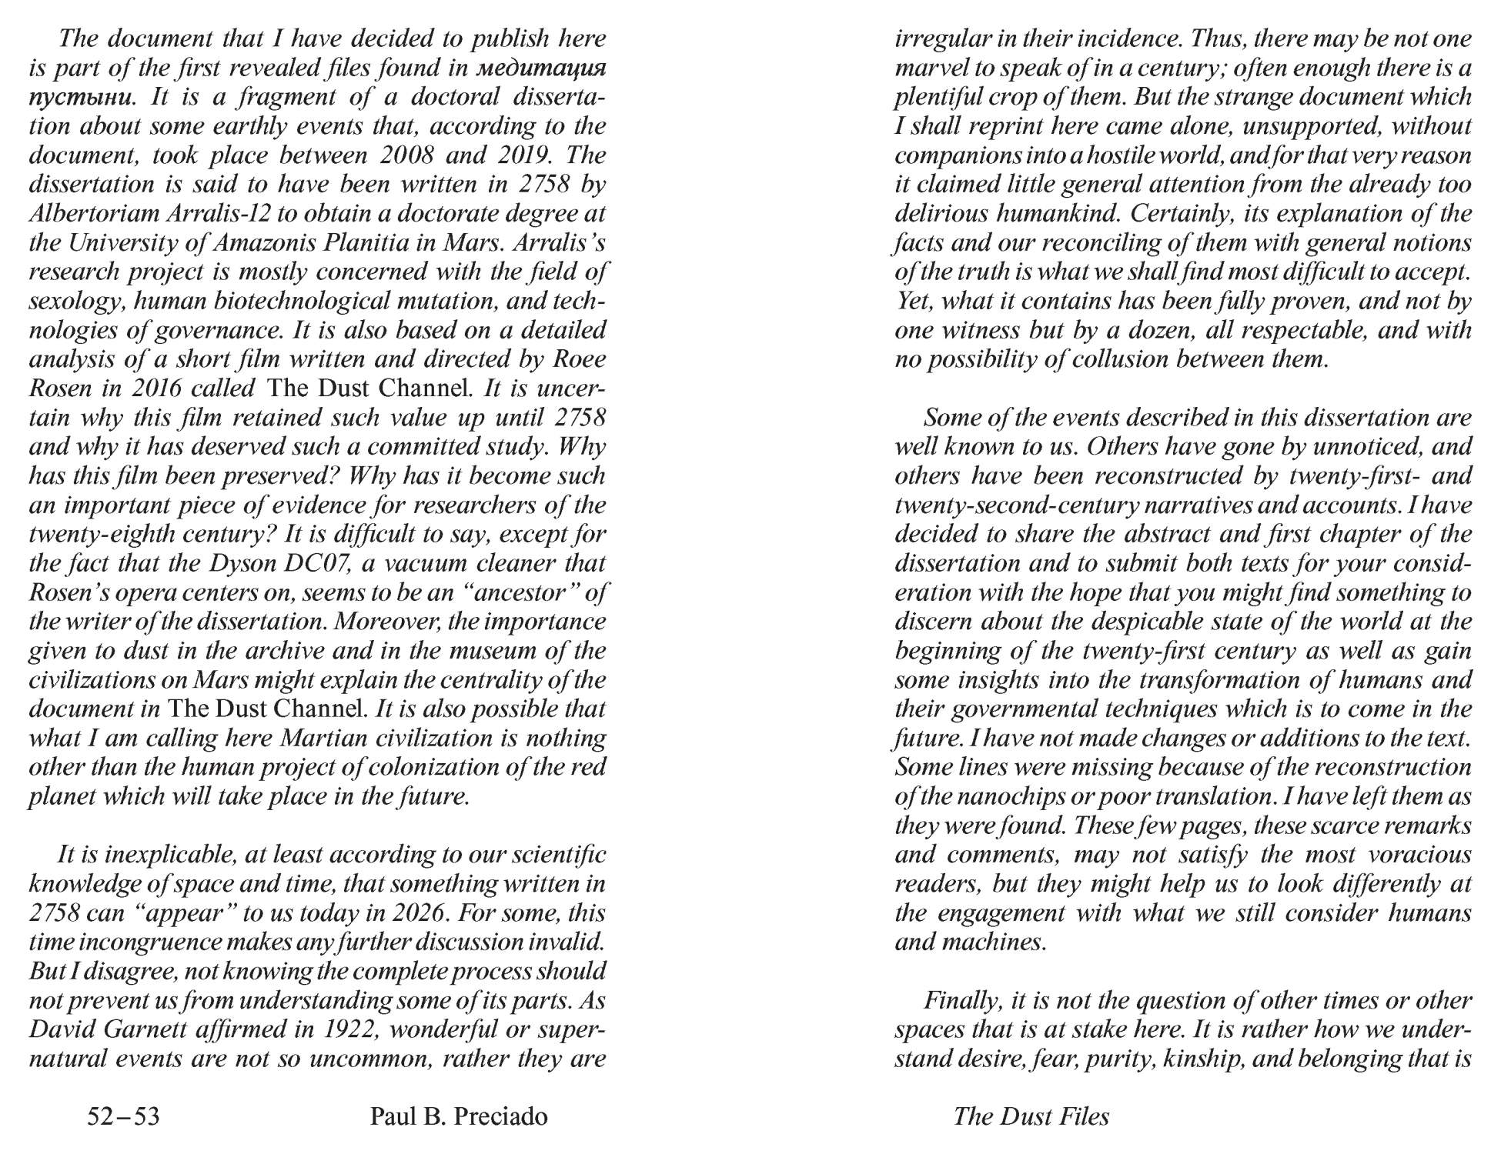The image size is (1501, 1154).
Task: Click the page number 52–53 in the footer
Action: [x=123, y=1116]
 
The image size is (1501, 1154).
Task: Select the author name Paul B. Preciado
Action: [x=459, y=1116]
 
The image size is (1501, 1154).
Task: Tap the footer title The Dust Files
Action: [x=1031, y=1116]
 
